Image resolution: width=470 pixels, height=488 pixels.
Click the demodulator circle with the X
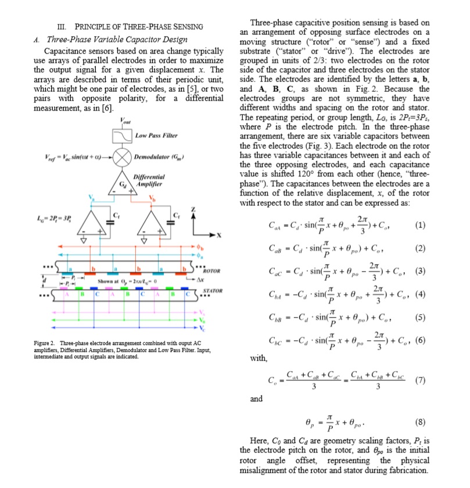[123, 158]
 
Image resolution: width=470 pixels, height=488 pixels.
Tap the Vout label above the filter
[123, 121]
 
